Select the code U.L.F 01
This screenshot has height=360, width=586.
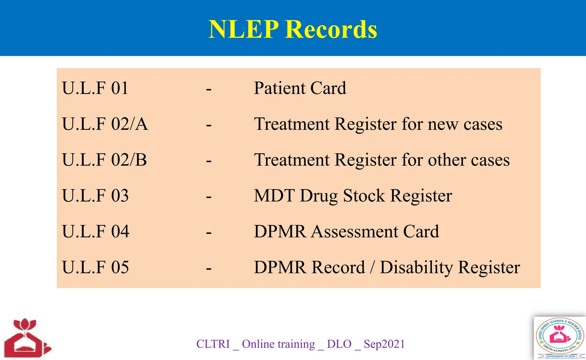pyautogui.click(x=95, y=88)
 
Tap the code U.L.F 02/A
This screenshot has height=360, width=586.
pyautogui.click(x=105, y=124)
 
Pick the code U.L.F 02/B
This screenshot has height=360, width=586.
pyautogui.click(x=104, y=160)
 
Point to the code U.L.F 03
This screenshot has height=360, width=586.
pyautogui.click(x=95, y=196)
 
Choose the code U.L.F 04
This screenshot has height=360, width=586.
pyautogui.click(x=95, y=232)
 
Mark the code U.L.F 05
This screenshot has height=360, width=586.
pyautogui.click(x=95, y=268)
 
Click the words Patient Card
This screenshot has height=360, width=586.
pyautogui.click(x=300, y=88)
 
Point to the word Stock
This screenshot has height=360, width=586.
pyautogui.click(x=364, y=196)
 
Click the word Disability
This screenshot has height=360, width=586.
pyautogui.click(x=416, y=268)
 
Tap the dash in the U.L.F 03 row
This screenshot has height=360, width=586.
pyautogui.click(x=209, y=197)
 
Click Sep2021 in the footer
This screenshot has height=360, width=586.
pyautogui.click(x=384, y=344)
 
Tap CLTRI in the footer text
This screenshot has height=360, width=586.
pyautogui.click(x=213, y=344)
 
